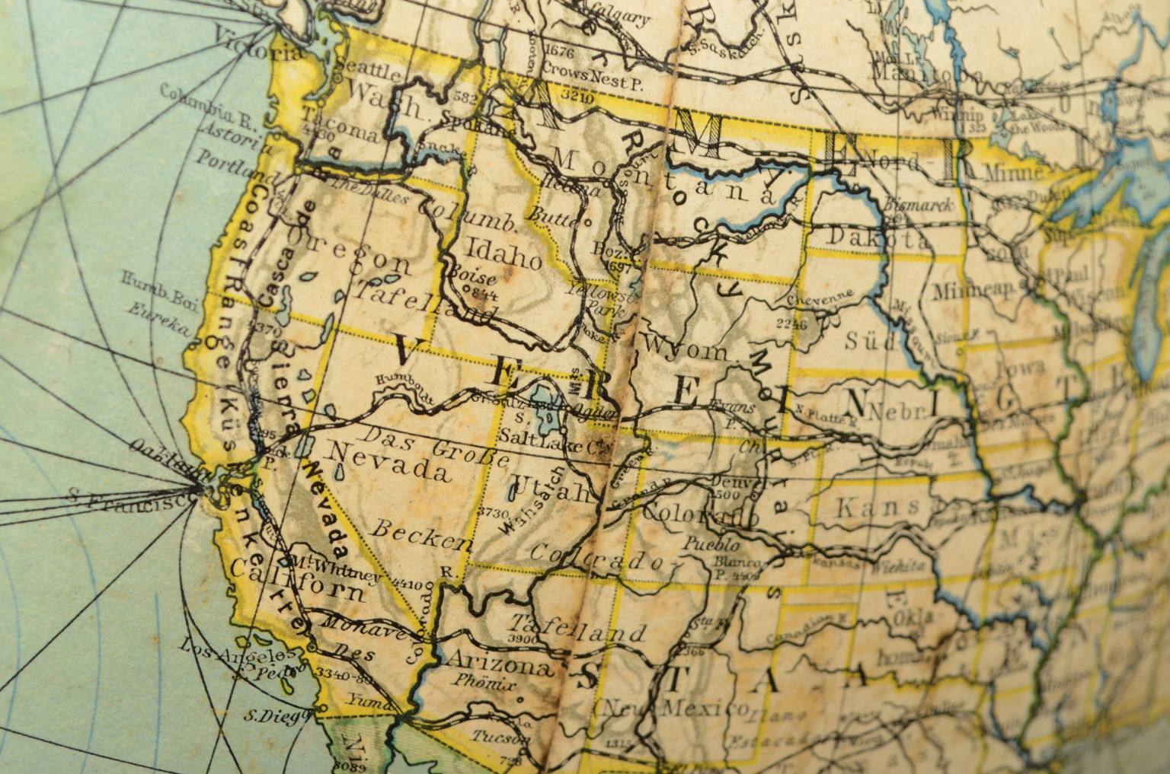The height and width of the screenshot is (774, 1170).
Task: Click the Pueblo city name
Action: coord(711,545)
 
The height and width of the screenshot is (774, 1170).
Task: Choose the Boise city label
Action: coord(473,276)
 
